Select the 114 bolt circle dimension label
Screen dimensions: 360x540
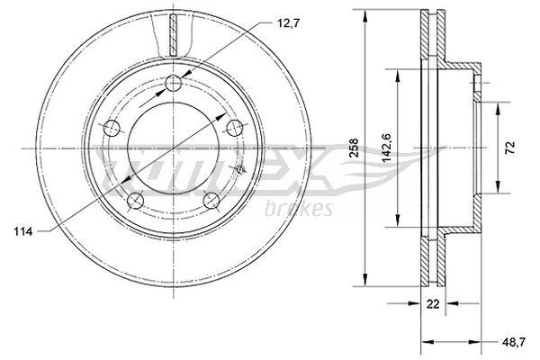coord(24,233)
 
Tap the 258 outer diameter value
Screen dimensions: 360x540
coord(355,145)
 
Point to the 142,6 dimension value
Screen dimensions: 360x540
coord(386,146)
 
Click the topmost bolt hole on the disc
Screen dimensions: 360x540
coord(175,85)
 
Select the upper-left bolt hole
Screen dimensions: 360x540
coord(112,126)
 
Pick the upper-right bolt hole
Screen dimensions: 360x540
coord(236,127)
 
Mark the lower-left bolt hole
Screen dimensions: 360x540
coord(136,200)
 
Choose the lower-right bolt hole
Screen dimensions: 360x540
coord(212,200)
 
